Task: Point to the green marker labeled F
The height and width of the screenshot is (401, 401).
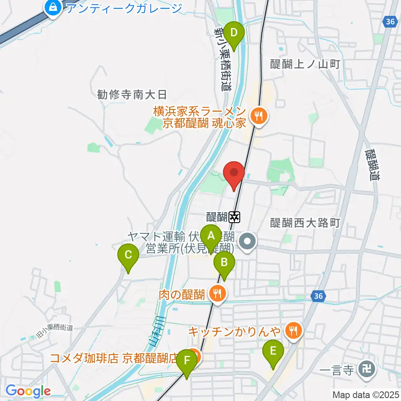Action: click(x=186, y=361)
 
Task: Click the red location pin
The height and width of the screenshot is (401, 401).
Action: click(x=234, y=173)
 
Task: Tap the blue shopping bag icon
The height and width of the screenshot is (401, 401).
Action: click(x=53, y=7)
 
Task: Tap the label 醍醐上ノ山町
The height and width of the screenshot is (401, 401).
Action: click(x=306, y=64)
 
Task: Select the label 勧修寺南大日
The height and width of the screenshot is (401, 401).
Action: click(x=132, y=95)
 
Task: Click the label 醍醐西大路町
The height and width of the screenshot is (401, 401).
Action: click(x=306, y=223)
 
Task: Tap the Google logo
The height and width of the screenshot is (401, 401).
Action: click(x=28, y=391)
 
